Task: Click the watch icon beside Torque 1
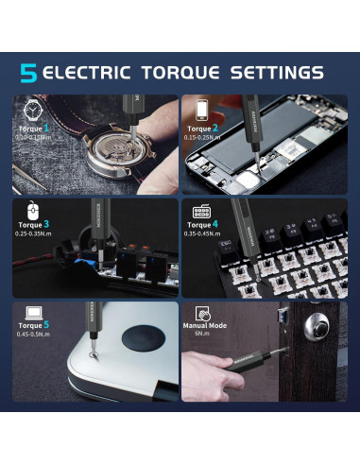point(31,109)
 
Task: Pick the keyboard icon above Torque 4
point(201,212)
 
